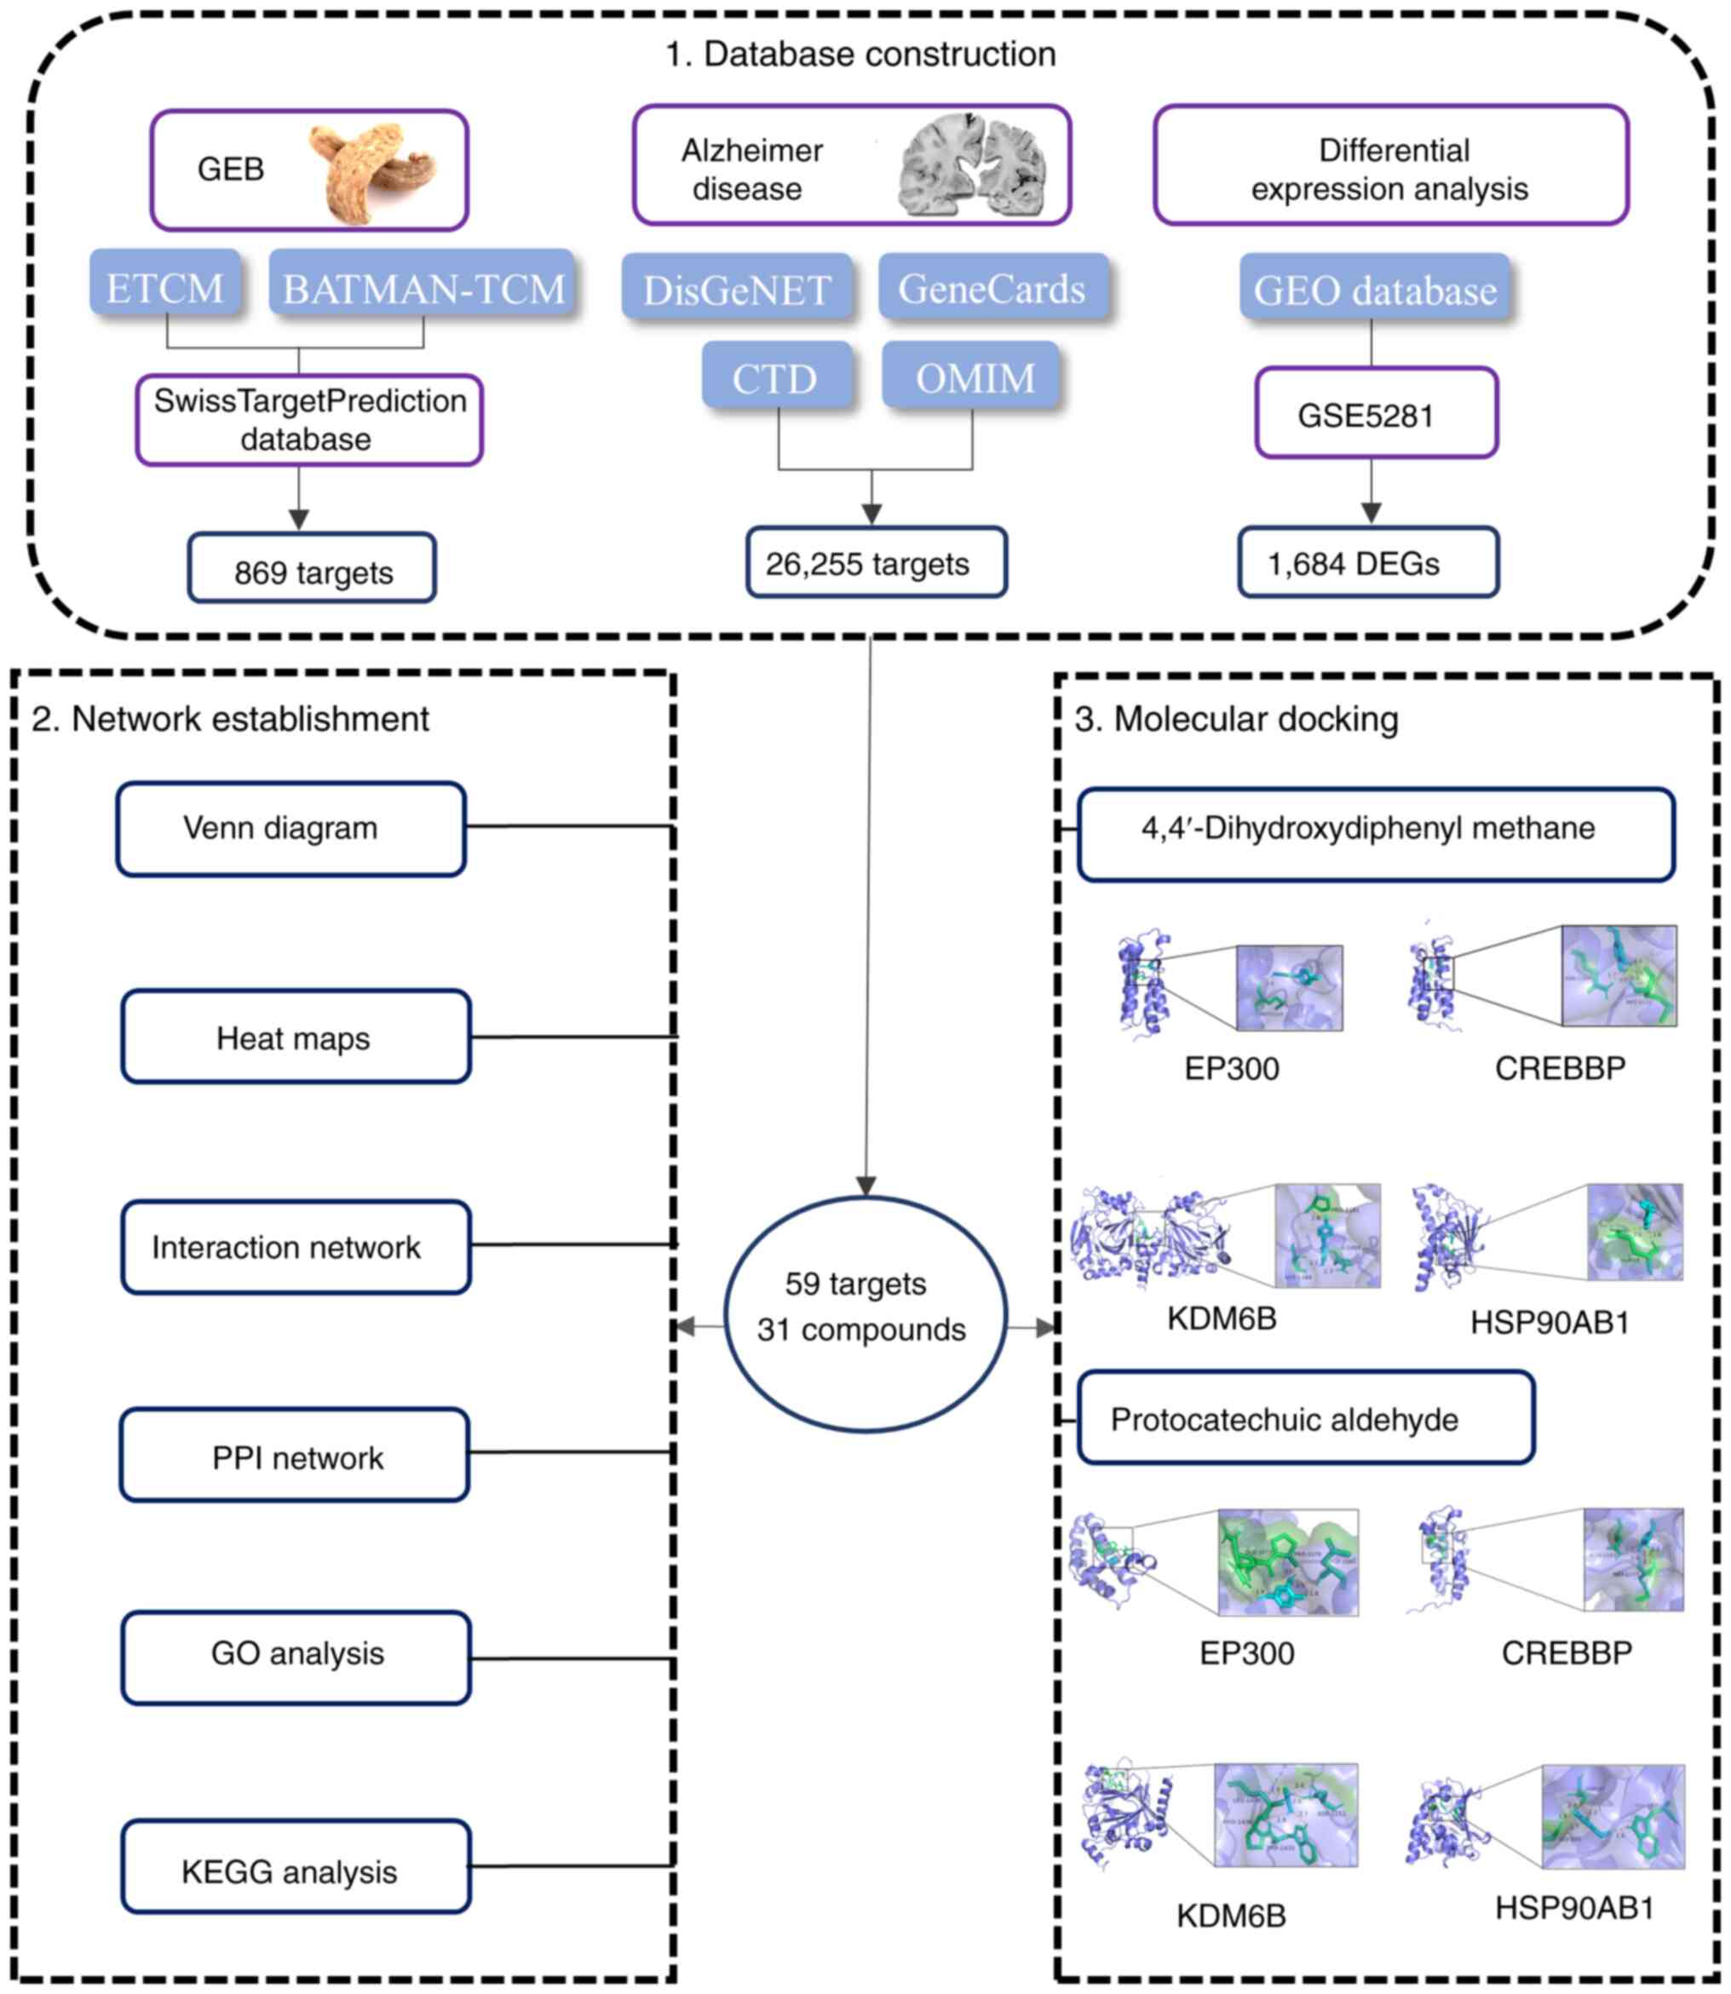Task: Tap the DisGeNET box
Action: tap(737, 289)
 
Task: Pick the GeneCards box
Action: tap(992, 288)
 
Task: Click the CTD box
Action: tap(777, 376)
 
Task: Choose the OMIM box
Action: tap(973, 376)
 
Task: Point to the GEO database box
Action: tap(1375, 289)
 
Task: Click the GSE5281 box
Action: tap(1376, 414)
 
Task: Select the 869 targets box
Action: tap(312, 570)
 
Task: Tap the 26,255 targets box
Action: tap(876, 563)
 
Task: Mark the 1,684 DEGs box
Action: tap(1368, 563)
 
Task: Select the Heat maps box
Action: tap(296, 1037)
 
